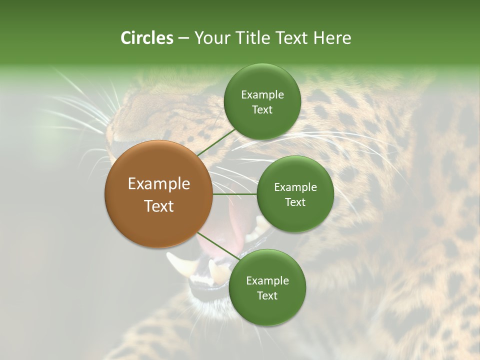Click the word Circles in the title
146,38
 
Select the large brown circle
158,194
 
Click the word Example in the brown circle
158,184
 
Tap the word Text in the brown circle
158,206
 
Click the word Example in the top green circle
262,95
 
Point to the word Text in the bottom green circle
267,295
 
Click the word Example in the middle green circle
295,187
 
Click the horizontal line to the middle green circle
234,194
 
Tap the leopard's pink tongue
235,220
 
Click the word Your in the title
209,38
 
